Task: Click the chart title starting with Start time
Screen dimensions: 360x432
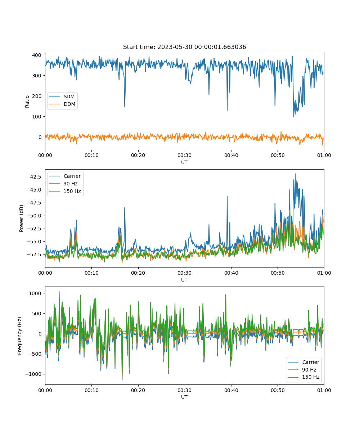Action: point(184,47)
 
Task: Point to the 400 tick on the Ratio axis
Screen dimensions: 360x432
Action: point(37,55)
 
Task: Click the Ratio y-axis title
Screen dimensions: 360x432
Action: point(27,102)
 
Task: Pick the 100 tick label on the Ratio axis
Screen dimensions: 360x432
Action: point(37,117)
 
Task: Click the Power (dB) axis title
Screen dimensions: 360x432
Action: point(21,218)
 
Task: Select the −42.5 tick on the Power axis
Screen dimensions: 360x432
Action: point(34,177)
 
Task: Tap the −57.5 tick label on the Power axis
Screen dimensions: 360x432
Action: point(34,255)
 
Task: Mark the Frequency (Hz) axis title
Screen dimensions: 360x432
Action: point(20,336)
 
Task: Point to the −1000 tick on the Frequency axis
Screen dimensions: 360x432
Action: point(33,374)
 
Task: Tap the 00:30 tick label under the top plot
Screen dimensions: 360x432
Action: point(185,155)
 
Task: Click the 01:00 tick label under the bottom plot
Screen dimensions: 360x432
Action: point(324,390)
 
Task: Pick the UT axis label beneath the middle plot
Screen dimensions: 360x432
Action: point(184,280)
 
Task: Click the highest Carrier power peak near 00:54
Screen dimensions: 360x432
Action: point(295,174)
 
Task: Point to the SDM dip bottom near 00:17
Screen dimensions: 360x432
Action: point(125,107)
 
